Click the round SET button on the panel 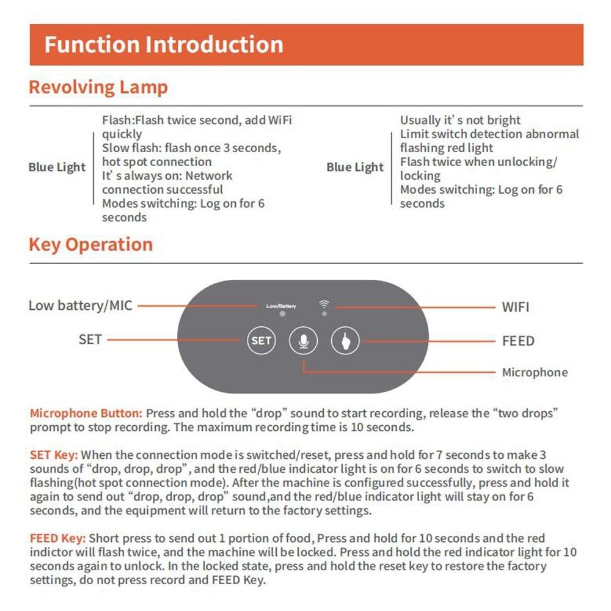[x=261, y=340]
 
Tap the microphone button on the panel [x=303, y=340]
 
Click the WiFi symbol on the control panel [x=324, y=304]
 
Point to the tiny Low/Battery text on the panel [x=281, y=305]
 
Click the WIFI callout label [x=515, y=307]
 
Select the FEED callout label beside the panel [x=518, y=341]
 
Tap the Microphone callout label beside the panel [x=535, y=372]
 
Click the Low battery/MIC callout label [x=80, y=305]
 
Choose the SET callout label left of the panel [x=90, y=339]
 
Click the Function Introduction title [x=164, y=45]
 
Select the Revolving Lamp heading [x=98, y=87]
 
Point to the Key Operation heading [x=90, y=244]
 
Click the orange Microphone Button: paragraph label [x=86, y=414]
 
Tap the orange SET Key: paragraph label [x=54, y=455]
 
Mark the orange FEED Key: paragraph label [x=58, y=538]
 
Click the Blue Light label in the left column [x=57, y=167]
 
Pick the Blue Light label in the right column [x=355, y=167]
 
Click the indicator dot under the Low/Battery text [x=281, y=313]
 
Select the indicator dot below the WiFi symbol [x=324, y=313]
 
